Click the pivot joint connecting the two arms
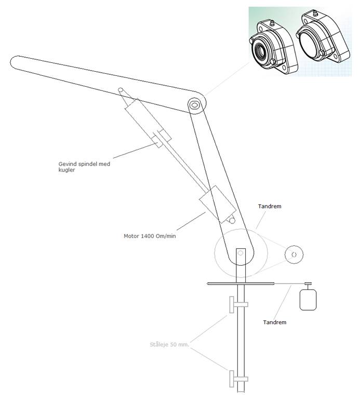point(195,104)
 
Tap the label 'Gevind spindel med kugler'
point(84,167)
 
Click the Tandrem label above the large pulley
point(269,206)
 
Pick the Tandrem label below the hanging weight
point(274,322)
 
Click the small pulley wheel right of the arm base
point(293,254)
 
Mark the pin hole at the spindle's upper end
point(121,90)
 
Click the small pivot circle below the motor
point(232,221)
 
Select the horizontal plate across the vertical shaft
point(239,284)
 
